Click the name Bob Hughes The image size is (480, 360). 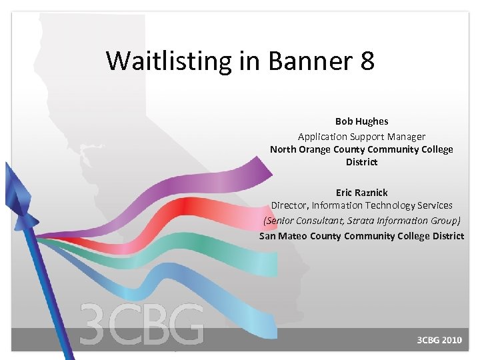[361, 121]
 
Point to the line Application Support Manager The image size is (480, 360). [361, 136]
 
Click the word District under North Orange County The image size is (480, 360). [361, 162]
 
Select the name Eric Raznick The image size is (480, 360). [361, 193]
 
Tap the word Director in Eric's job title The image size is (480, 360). [291, 205]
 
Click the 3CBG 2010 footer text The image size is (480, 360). [439, 340]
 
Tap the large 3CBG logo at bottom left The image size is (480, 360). [141, 325]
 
